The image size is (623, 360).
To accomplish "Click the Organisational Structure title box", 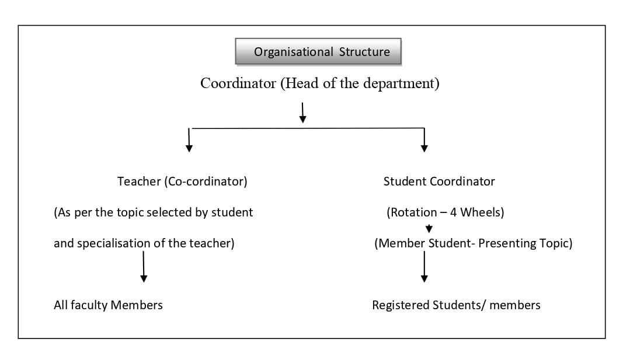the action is tap(318, 51).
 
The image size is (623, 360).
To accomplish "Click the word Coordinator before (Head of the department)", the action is tap(238, 83).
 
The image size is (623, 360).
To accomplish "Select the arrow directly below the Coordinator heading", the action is tap(303, 113).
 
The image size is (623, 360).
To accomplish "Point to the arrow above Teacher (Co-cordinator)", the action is tap(189, 140).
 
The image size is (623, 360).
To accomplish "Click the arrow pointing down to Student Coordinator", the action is tap(424, 140).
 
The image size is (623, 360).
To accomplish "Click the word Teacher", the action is tap(139, 181).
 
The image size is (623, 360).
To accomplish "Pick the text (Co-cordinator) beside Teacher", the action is tap(206, 182).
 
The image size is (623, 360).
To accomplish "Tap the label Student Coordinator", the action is tap(439, 181).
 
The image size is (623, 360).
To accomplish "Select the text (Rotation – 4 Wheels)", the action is tap(446, 212).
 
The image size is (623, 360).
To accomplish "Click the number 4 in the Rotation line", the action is tap(453, 212).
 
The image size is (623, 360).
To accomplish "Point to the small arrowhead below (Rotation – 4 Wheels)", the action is tap(429, 229).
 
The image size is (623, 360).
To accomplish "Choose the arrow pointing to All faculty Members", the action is tap(144, 267).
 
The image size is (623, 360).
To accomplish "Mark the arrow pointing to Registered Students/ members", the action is tap(424, 267).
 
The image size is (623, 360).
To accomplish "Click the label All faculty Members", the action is tap(108, 305).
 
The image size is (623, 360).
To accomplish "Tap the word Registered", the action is tap(401, 305).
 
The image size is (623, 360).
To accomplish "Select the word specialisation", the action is tap(114, 243).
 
